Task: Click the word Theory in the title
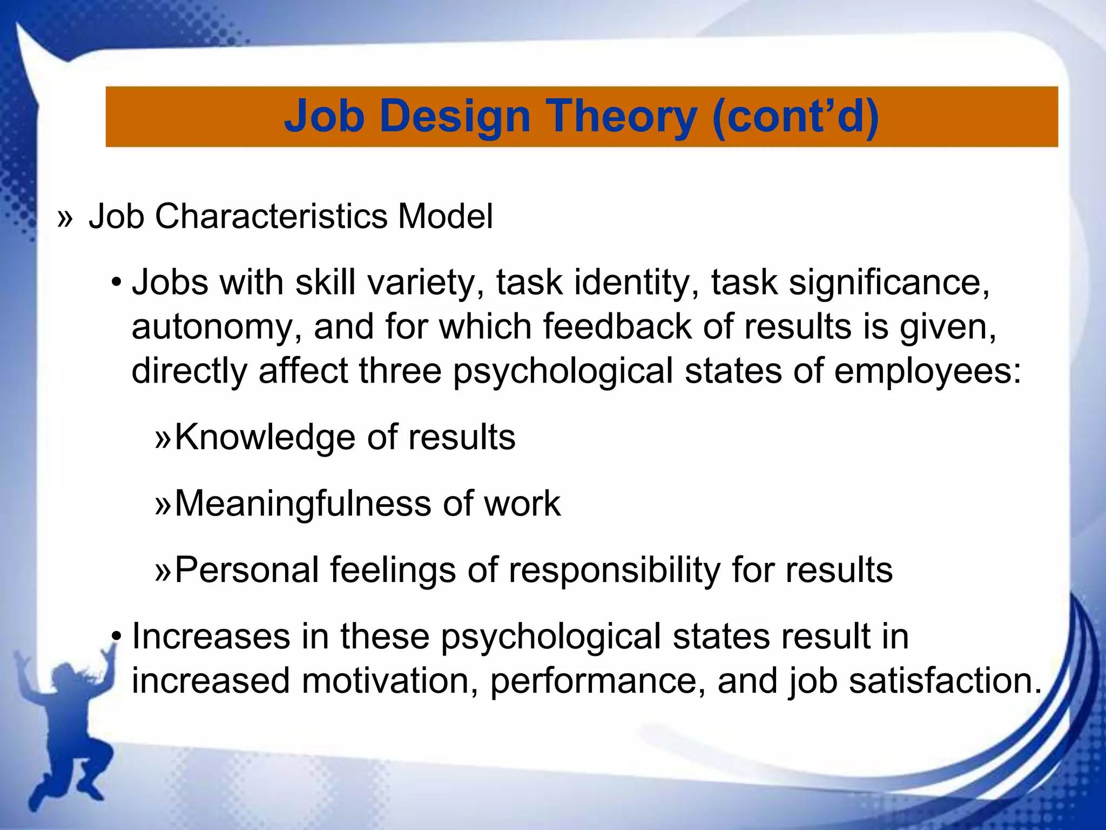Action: (622, 117)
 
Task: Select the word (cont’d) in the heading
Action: (795, 117)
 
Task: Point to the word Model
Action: (445, 216)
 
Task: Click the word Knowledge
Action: (265, 437)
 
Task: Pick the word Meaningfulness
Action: (303, 504)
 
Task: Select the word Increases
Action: (211, 636)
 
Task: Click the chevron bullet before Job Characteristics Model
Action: (65, 218)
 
